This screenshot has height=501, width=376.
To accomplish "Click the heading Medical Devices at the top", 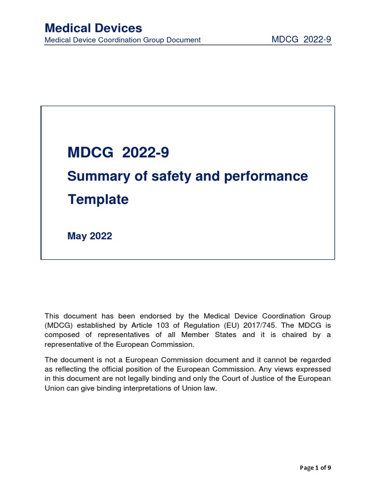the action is click(93, 28).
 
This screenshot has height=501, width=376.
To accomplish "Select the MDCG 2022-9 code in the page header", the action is click(301, 40).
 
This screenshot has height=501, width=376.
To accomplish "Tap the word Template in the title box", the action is click(98, 199).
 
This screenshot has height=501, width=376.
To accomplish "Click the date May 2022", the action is click(90, 236).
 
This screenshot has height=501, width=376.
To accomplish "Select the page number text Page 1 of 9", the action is click(315, 468).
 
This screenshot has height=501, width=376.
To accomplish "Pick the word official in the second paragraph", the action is click(148, 369).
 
